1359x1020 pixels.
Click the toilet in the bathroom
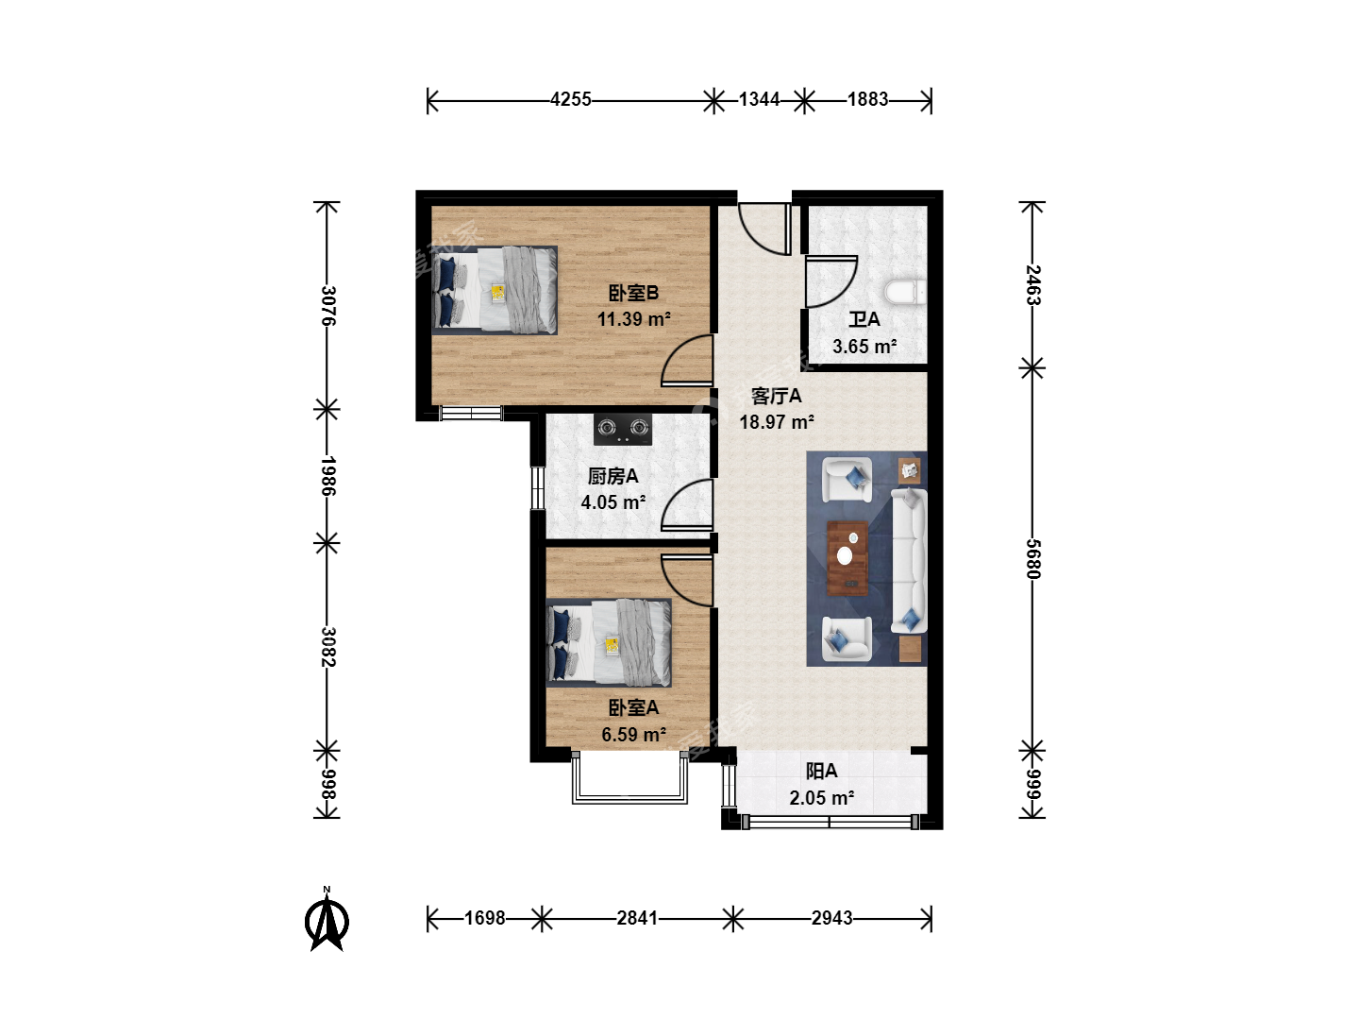905,293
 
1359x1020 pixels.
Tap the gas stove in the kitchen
623,429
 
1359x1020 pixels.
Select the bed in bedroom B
495,291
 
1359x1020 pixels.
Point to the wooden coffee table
847,558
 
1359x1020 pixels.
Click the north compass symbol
327,920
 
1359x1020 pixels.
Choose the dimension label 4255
571,100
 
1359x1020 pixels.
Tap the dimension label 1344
759,100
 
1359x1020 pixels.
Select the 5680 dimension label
1033,558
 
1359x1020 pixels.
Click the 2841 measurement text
637,918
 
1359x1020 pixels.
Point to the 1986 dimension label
327,476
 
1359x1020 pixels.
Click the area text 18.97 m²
777,422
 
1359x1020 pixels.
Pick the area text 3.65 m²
864,347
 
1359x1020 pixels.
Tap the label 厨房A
612,476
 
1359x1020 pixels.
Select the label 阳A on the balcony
822,772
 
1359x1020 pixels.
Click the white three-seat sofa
909,560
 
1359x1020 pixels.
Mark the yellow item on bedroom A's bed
612,646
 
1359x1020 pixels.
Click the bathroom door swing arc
839,291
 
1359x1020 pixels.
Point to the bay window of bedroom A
629,778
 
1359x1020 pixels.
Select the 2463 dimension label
1033,285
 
